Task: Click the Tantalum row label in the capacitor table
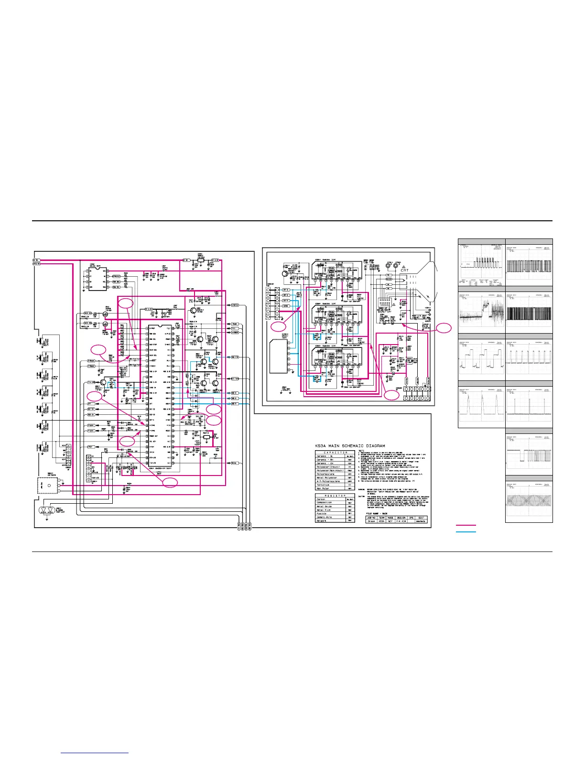323,485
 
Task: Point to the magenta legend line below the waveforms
466,526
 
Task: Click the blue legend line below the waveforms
466,531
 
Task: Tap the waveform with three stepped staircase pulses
481,359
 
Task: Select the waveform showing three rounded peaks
481,406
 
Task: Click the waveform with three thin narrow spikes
529,406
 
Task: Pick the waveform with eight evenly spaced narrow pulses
529,359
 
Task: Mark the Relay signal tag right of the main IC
234,463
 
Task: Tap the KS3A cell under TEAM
381,521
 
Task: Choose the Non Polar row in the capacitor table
323,488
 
